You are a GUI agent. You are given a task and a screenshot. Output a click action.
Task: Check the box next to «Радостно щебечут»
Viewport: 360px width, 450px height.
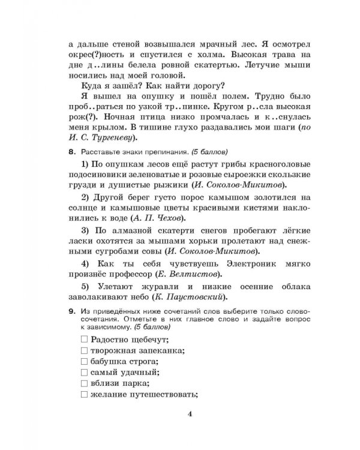coord(83,340)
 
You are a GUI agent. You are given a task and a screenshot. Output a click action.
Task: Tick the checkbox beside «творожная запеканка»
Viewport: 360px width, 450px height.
coord(83,351)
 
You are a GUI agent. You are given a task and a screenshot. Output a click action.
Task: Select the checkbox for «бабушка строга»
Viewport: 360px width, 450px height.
coord(83,362)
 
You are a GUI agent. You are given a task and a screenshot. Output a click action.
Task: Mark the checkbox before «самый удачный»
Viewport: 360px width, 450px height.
coord(83,373)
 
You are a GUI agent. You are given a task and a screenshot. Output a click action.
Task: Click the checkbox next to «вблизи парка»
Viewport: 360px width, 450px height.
coord(83,383)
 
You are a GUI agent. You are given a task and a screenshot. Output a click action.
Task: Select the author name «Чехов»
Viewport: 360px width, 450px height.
coord(167,217)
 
